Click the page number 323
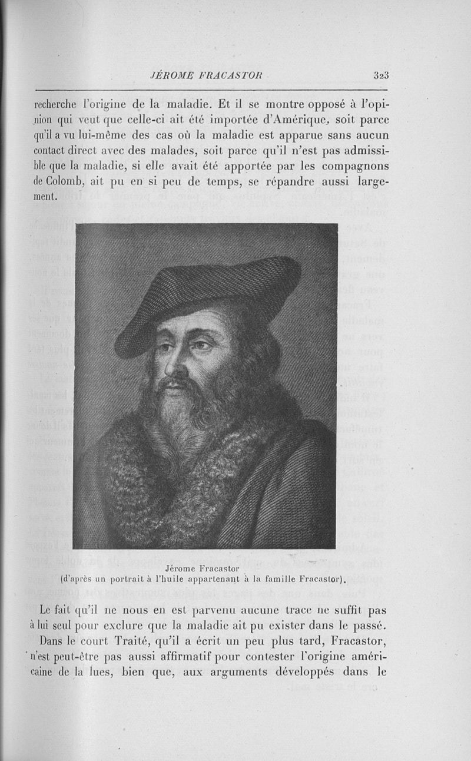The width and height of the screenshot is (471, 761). point(382,75)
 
